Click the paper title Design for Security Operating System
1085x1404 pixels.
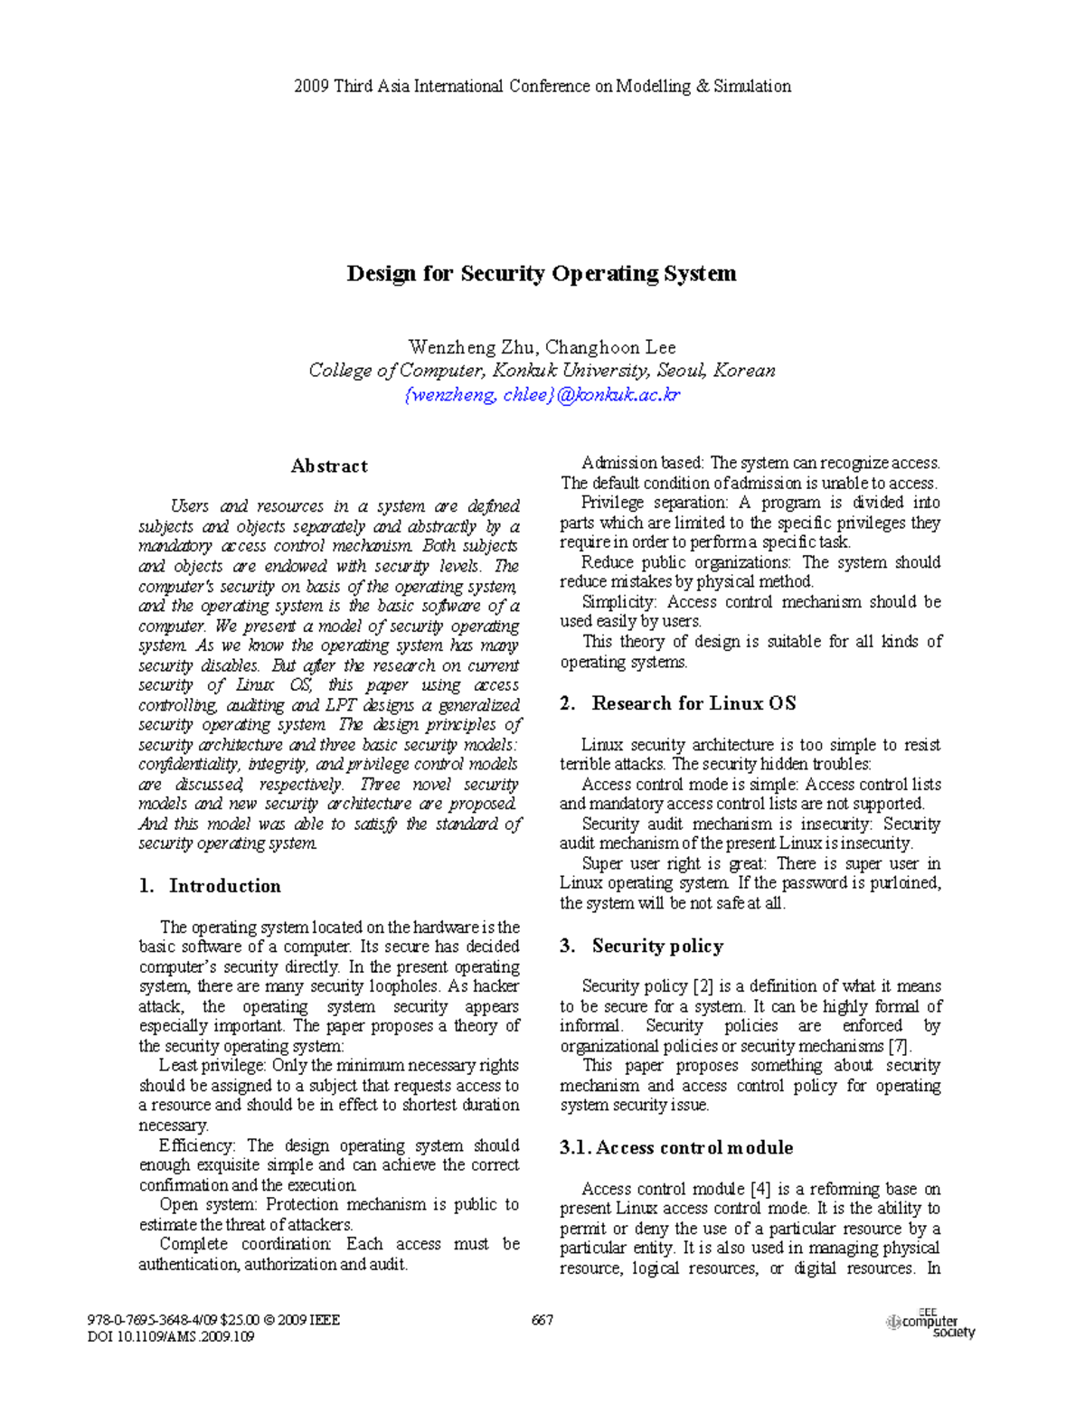pos(542,274)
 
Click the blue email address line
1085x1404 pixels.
pos(542,394)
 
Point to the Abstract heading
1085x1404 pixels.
pos(329,466)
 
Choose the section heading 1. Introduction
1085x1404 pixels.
pos(210,886)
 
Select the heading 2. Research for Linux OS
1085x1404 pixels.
pos(677,703)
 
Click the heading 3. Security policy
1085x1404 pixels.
pos(642,946)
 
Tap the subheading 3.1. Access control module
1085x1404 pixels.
pos(676,1147)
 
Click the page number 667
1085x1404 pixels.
pos(542,1320)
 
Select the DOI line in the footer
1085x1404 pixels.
pos(171,1336)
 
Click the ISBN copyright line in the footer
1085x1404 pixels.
pos(213,1320)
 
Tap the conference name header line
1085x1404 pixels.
pos(542,87)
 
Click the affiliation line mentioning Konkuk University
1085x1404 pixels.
pos(542,371)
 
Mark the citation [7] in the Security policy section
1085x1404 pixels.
pos(899,1046)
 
